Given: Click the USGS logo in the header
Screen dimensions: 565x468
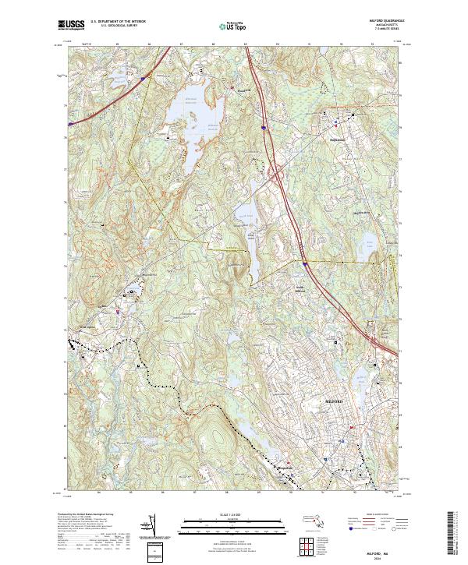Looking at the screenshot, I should point(71,26).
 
